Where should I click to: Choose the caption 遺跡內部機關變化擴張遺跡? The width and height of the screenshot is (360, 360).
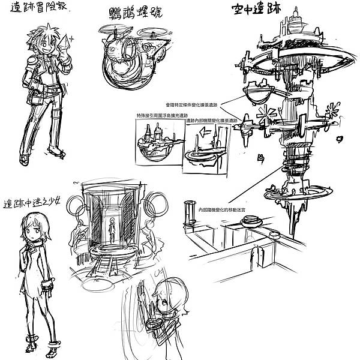click(x=211, y=120)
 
